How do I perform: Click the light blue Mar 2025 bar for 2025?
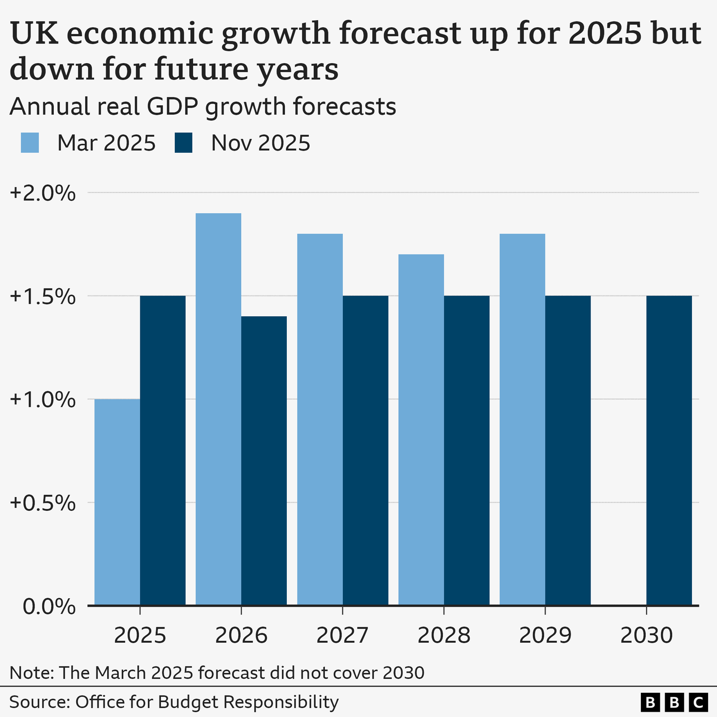[x=117, y=502]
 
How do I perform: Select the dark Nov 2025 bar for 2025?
[x=163, y=450]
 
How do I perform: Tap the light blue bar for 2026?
[x=218, y=409]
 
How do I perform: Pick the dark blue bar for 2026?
[x=264, y=461]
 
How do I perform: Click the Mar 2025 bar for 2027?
[x=320, y=419]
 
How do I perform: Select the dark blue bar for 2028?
[x=466, y=450]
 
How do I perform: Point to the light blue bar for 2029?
[x=523, y=419]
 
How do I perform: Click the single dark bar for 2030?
[x=669, y=450]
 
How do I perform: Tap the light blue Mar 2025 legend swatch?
[x=30, y=143]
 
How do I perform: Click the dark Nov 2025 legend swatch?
[x=183, y=143]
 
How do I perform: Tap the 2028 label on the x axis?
[x=444, y=635]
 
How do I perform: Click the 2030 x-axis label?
[x=646, y=635]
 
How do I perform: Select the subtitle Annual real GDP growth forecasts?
[x=203, y=107]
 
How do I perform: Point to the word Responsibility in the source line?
[x=281, y=702]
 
